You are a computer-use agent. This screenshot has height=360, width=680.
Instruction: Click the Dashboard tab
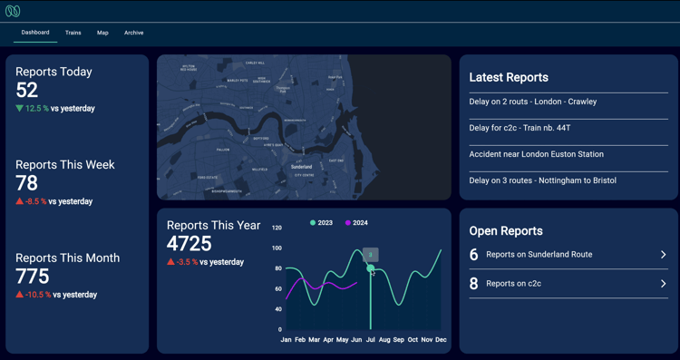[35, 33]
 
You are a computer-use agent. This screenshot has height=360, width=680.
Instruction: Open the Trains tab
[73, 33]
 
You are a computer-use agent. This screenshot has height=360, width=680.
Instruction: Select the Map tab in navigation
[102, 33]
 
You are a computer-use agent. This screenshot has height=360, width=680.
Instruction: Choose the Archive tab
[133, 33]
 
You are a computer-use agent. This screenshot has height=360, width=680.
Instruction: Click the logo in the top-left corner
[13, 11]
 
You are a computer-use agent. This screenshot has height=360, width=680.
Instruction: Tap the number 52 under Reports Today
[27, 90]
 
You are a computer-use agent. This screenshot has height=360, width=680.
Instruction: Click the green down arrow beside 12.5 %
[19, 109]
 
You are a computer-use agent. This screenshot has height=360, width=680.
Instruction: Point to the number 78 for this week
[27, 183]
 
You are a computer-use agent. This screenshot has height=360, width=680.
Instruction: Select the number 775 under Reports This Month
[33, 276]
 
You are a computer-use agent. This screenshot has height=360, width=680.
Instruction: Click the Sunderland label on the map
[301, 167]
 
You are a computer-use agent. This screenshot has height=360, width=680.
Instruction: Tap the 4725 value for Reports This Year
[189, 244]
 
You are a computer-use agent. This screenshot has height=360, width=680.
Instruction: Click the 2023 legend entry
[321, 223]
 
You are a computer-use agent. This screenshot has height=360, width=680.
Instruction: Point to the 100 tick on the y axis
[277, 248]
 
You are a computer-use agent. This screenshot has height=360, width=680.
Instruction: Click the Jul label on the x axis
[370, 340]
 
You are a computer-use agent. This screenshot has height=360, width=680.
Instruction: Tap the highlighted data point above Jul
[370, 268]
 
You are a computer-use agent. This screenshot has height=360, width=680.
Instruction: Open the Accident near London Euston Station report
[536, 154]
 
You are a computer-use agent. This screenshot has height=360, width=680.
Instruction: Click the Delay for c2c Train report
[520, 128]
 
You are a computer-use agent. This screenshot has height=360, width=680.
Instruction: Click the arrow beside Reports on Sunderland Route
[663, 255]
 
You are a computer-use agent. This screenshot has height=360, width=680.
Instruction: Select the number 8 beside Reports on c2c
[473, 284]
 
